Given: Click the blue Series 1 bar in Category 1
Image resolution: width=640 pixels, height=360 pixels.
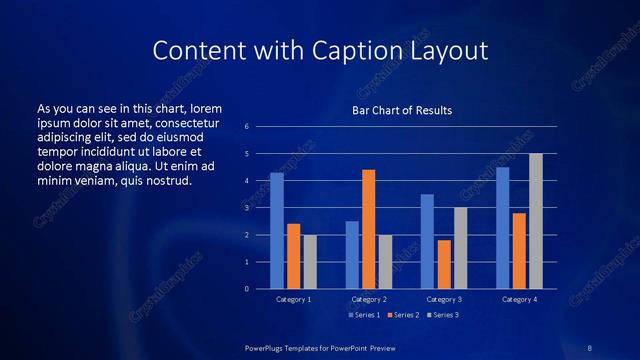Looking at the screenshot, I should [x=277, y=231].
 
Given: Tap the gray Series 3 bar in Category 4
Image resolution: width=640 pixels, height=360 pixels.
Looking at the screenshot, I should [x=535, y=221].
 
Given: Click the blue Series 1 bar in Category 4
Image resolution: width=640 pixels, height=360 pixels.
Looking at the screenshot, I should [x=502, y=228].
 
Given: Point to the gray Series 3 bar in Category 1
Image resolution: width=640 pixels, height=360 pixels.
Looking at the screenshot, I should [x=310, y=262].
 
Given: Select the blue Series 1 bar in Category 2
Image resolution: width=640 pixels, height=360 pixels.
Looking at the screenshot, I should [x=352, y=255].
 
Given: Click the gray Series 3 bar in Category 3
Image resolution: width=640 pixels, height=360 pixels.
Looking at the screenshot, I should [x=460, y=248].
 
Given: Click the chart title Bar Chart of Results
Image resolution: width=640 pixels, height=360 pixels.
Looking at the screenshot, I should [x=402, y=110].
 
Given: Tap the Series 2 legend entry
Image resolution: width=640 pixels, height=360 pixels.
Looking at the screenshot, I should [x=402, y=315].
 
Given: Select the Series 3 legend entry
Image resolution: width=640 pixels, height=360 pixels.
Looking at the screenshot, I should [x=443, y=315].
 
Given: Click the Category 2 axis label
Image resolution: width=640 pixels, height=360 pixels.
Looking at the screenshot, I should [x=368, y=299].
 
